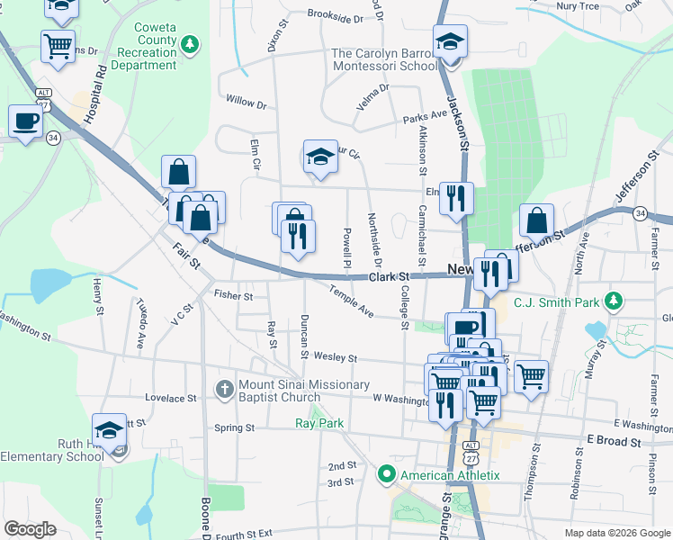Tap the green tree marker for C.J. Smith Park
click(615, 300)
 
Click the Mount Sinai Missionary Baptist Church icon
click(225, 389)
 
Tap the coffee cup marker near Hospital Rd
click(25, 122)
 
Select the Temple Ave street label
click(351, 301)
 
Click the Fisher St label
click(234, 295)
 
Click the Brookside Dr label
click(335, 15)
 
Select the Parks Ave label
click(425, 116)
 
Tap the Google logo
click(31, 529)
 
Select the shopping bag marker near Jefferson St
click(536, 220)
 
